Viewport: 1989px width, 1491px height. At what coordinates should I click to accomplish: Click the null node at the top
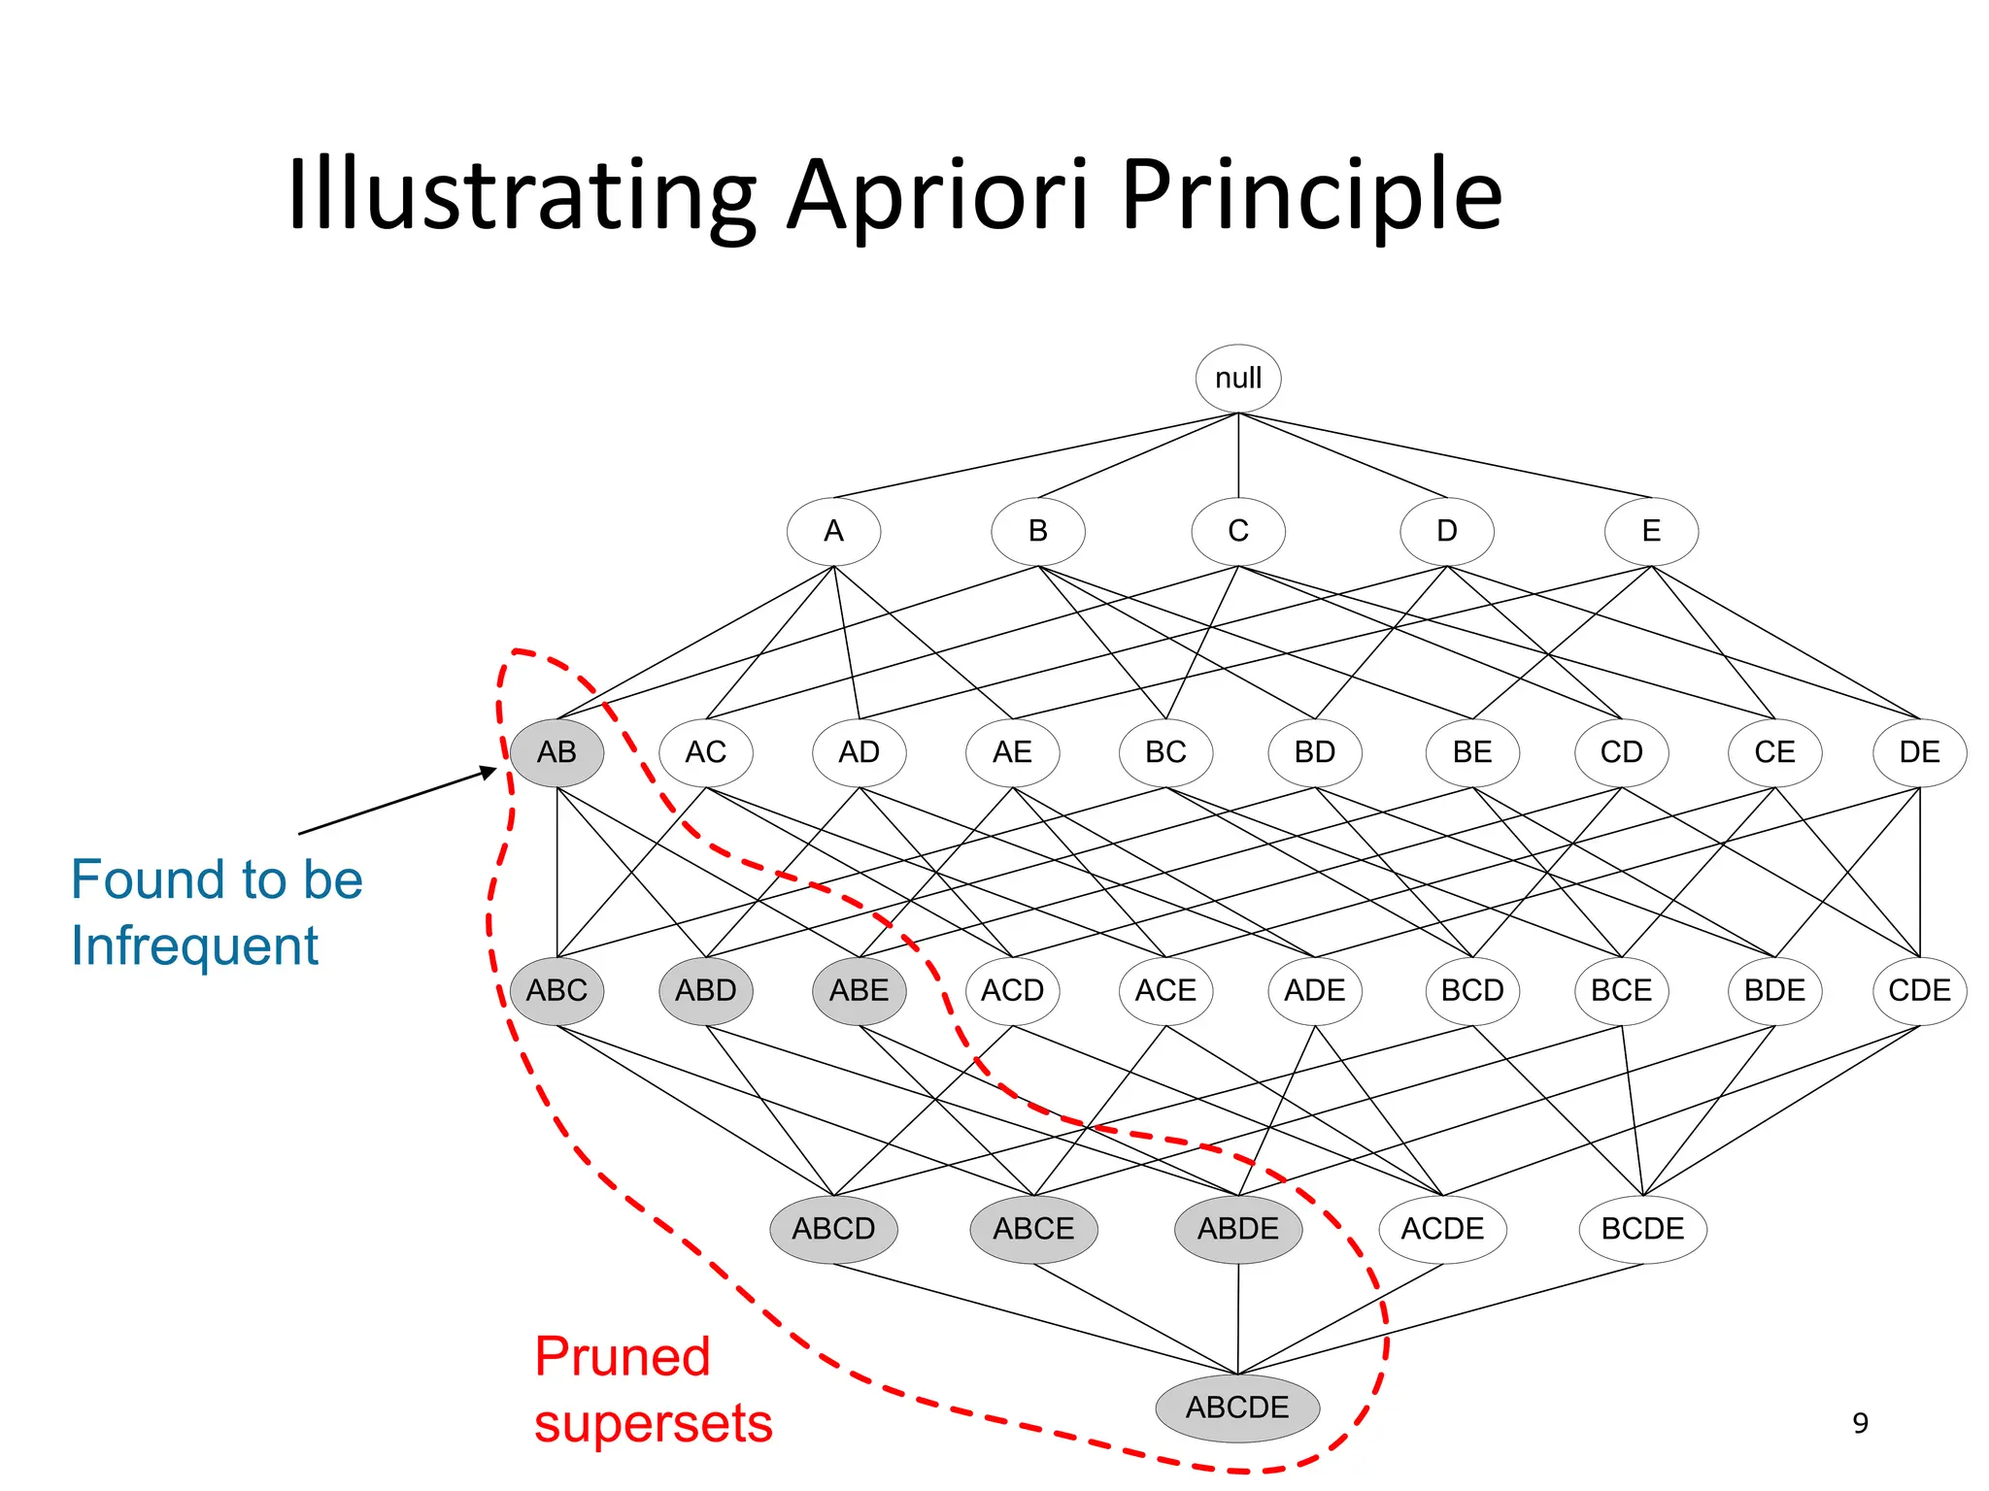1238,379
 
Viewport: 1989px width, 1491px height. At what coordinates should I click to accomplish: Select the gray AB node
556,752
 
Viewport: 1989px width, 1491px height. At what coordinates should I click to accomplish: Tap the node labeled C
1238,531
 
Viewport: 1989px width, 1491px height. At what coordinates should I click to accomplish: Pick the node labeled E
1651,531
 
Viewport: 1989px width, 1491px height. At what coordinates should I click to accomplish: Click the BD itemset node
1315,752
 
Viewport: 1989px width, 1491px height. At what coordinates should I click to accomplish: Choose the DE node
1919,752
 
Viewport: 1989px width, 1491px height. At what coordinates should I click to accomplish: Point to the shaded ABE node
859,991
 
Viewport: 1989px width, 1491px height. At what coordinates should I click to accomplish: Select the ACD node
1012,991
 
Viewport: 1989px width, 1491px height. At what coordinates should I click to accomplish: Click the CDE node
1919,991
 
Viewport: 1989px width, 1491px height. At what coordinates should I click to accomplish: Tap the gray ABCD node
833,1229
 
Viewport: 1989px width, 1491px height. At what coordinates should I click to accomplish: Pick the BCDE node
1642,1229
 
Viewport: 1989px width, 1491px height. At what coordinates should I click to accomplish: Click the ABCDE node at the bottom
1237,1408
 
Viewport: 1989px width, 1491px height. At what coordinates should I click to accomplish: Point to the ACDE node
1442,1229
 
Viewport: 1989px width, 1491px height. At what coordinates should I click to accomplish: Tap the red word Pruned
623,1357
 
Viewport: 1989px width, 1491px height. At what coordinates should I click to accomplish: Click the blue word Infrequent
194,945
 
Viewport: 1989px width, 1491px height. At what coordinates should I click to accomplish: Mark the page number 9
1860,1423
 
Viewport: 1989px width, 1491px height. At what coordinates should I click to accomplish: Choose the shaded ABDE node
1238,1229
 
